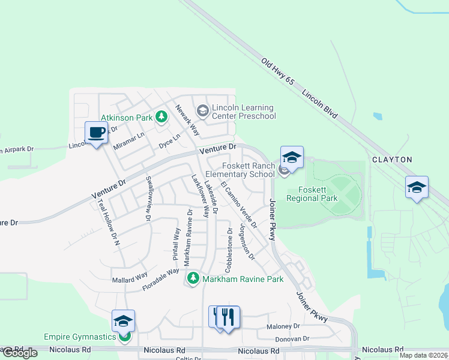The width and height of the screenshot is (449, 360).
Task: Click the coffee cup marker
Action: (96, 133)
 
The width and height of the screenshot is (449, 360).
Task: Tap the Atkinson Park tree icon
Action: (161, 116)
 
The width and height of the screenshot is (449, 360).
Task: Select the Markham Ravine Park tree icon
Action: (193, 278)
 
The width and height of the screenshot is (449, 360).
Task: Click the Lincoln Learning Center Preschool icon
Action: (203, 110)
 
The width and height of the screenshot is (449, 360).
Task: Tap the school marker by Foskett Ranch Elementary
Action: (292, 158)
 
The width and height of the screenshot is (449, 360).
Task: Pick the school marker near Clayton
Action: (417, 188)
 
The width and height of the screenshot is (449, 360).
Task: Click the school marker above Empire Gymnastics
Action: (123, 322)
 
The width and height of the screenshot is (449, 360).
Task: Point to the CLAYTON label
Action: (392, 160)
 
